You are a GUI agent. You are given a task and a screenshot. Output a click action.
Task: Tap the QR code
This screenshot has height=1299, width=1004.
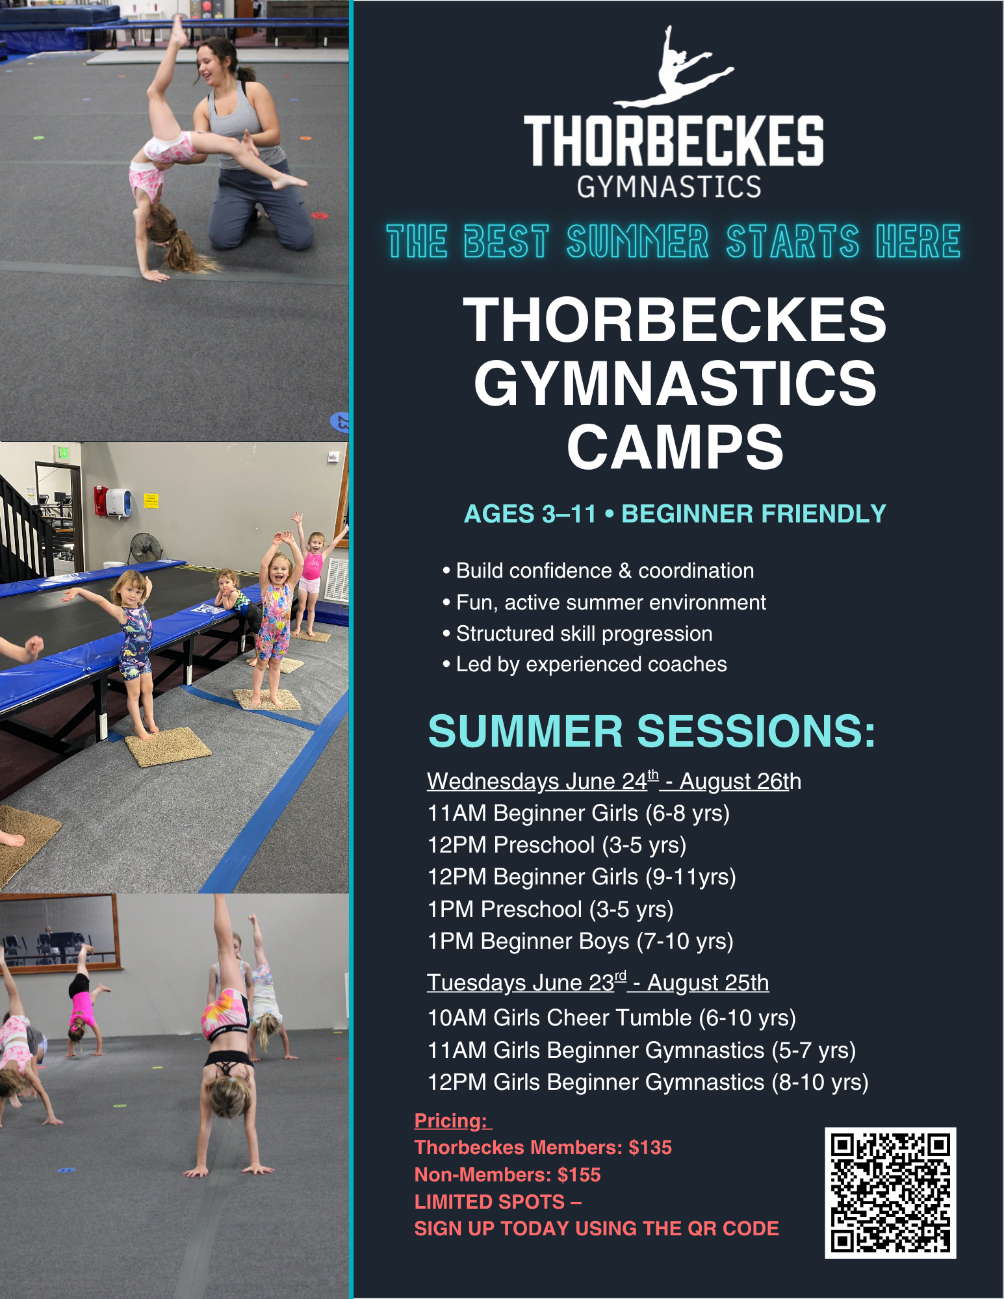890,1192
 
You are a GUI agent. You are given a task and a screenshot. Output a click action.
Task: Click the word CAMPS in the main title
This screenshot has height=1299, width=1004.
675,447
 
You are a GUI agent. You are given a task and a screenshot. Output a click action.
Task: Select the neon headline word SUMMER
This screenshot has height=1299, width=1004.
637,241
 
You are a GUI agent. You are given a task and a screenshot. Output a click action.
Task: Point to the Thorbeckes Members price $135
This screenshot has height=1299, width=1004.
650,1148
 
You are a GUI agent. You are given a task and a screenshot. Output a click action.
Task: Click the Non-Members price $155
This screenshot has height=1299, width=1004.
579,1175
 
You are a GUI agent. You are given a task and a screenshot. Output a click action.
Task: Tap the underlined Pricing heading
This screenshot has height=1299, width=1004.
453,1121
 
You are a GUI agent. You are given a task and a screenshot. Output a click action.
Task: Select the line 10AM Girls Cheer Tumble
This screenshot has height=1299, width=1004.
611,1018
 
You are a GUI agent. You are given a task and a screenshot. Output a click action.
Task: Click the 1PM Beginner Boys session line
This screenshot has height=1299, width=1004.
580,941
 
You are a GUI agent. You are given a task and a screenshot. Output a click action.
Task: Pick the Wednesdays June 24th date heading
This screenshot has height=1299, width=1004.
614,780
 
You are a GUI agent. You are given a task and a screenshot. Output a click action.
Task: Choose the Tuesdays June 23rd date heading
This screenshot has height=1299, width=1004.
598,983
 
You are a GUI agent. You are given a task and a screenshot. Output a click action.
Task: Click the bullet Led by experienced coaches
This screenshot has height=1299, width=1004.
585,664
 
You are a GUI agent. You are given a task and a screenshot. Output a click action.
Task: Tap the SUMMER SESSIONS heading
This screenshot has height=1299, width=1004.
652,731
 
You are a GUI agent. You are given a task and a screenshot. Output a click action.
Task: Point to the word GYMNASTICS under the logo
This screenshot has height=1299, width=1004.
669,186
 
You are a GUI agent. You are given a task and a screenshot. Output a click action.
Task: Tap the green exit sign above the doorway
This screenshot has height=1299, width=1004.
62,452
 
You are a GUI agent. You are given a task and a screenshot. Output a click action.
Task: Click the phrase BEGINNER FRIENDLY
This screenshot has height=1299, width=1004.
754,514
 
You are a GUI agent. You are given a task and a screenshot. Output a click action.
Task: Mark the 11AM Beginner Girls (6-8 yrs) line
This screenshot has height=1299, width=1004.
578,813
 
